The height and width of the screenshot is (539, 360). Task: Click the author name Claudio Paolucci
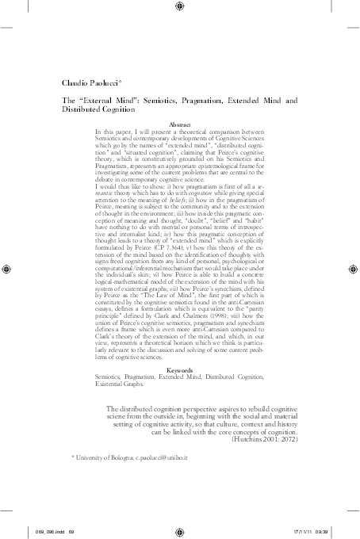[91, 82]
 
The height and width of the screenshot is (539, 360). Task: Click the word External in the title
[105, 101]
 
